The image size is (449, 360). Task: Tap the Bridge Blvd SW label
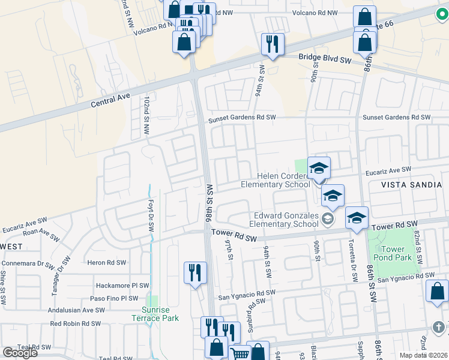pos(325,59)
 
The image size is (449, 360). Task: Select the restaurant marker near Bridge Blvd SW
pos(273,44)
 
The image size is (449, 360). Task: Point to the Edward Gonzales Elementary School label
pos(285,220)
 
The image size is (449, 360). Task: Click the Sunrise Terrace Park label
pos(155,314)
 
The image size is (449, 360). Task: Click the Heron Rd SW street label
pos(107,263)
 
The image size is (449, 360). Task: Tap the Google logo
pos(20,353)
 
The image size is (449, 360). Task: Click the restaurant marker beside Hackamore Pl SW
pos(195,273)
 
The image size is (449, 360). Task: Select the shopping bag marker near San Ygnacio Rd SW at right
pos(436,291)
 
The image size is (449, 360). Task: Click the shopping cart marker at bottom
pos(240,354)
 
